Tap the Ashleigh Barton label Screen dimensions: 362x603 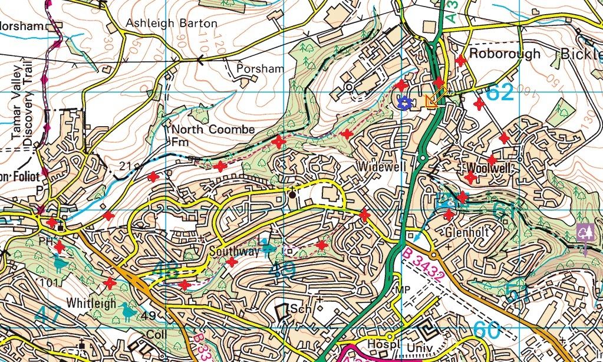(x=172, y=24)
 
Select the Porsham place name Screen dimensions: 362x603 (x=260, y=68)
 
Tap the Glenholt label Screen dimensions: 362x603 (x=467, y=232)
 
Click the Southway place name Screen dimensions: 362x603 (x=234, y=252)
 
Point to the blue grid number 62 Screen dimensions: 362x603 (x=500, y=93)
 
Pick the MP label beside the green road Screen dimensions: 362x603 (x=403, y=289)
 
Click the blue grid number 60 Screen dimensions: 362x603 (x=487, y=331)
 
